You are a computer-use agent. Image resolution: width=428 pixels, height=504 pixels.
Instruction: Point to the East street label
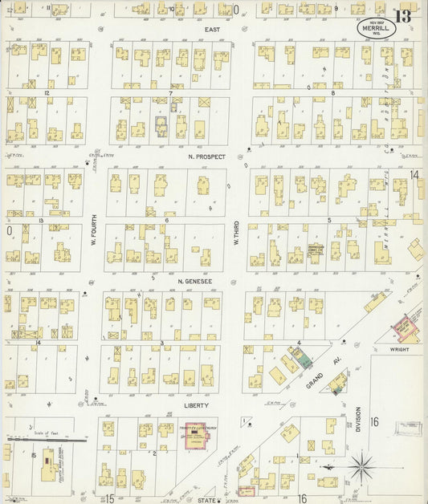coord(212,30)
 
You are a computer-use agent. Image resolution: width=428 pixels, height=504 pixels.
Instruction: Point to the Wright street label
coord(399,350)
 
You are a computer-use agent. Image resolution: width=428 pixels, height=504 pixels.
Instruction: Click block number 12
coord(47,93)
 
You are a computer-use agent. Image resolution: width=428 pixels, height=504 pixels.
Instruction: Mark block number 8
coord(332,93)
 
